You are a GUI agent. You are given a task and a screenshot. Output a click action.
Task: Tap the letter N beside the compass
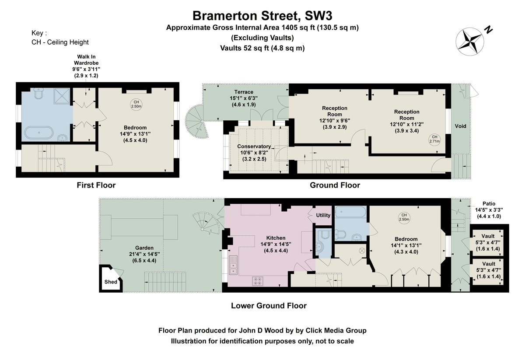click(488, 30)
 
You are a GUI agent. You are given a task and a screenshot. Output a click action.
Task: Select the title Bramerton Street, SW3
click(262, 16)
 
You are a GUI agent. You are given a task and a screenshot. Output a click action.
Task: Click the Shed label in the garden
click(111, 282)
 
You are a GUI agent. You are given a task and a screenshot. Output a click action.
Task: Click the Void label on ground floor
click(460, 126)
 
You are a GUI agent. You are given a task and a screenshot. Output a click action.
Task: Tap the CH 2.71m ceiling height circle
click(434, 139)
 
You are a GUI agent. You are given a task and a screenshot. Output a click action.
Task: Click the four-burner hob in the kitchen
click(258, 281)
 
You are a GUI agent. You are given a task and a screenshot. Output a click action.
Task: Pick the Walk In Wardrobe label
click(86, 62)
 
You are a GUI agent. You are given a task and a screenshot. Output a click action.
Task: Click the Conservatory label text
click(254, 147)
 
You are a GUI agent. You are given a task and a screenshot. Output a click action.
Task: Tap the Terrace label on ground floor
click(243, 92)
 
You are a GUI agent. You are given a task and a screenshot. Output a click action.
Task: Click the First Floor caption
click(96, 185)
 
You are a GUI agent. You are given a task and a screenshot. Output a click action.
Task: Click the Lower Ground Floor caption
click(269, 306)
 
